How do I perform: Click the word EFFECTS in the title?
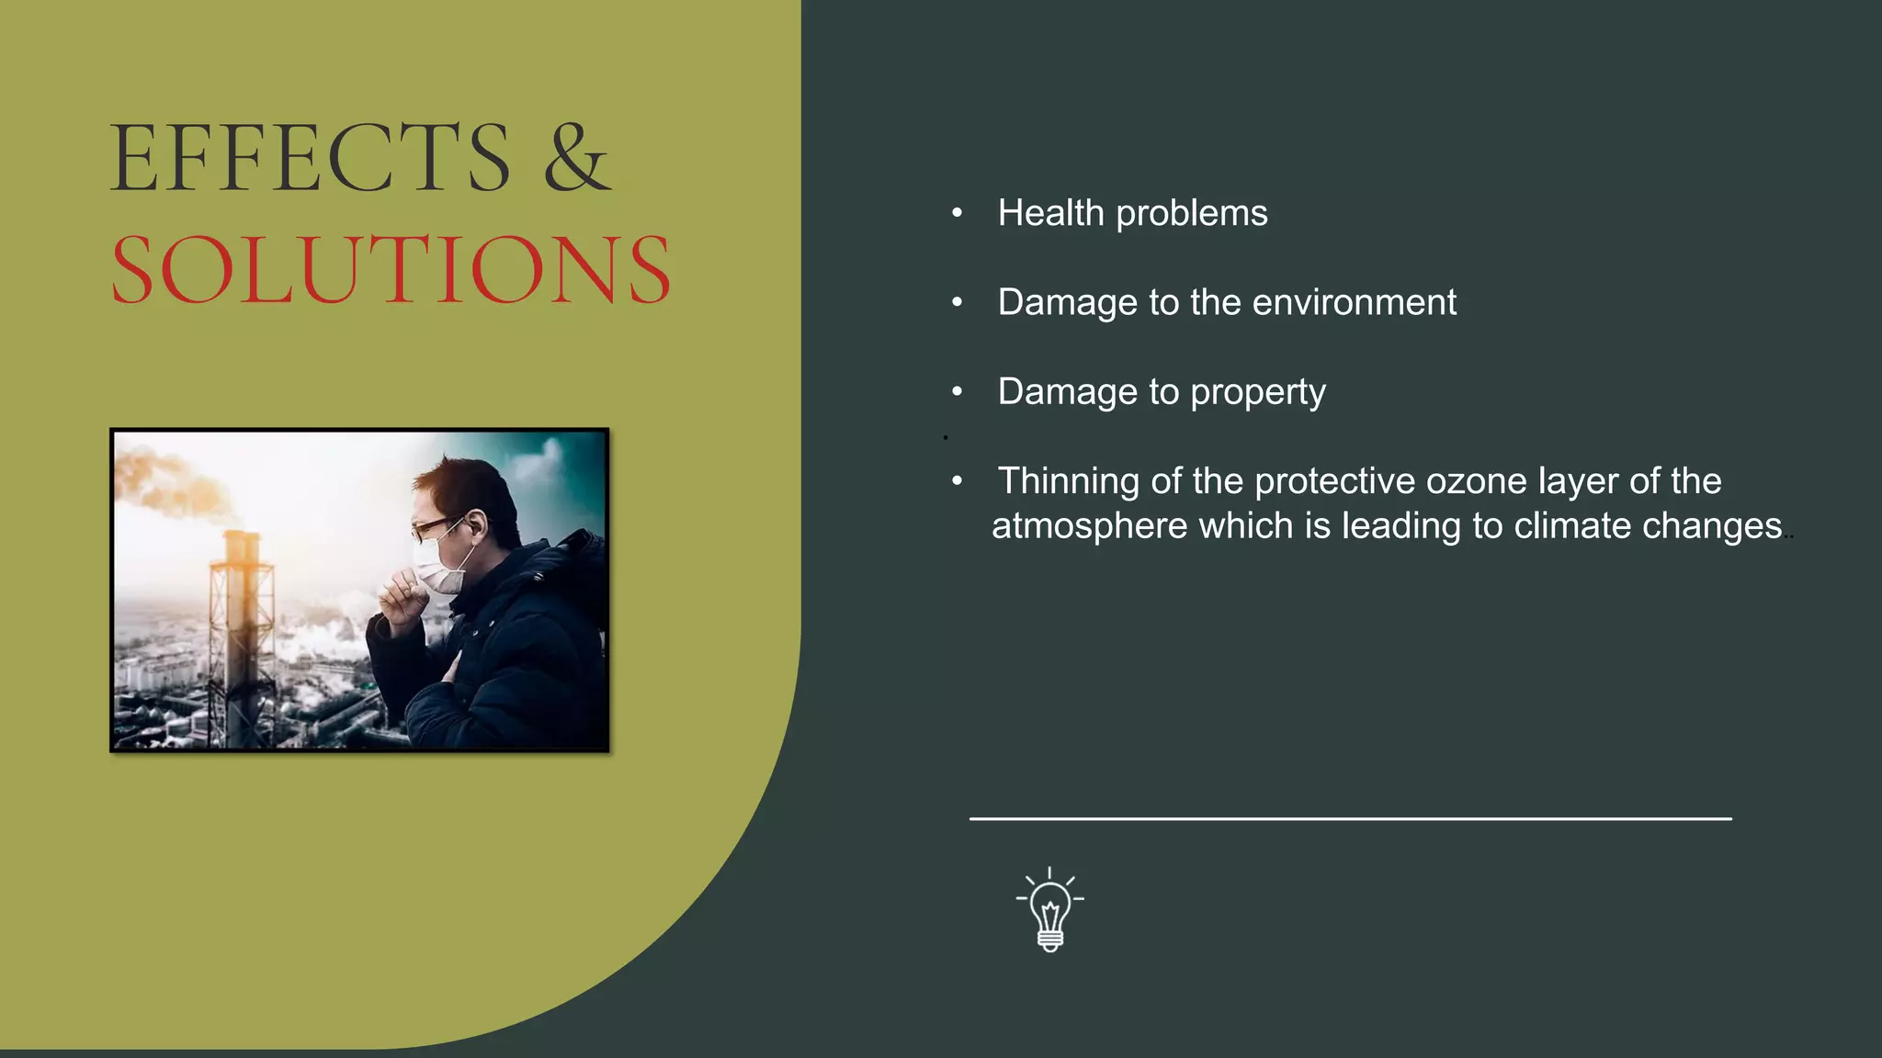click(x=310, y=158)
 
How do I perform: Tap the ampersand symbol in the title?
click(x=576, y=158)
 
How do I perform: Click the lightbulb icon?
click(x=1050, y=911)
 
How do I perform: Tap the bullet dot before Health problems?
click(x=958, y=214)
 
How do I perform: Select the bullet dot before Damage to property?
click(x=958, y=392)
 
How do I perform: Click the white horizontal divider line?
click(x=1350, y=818)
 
